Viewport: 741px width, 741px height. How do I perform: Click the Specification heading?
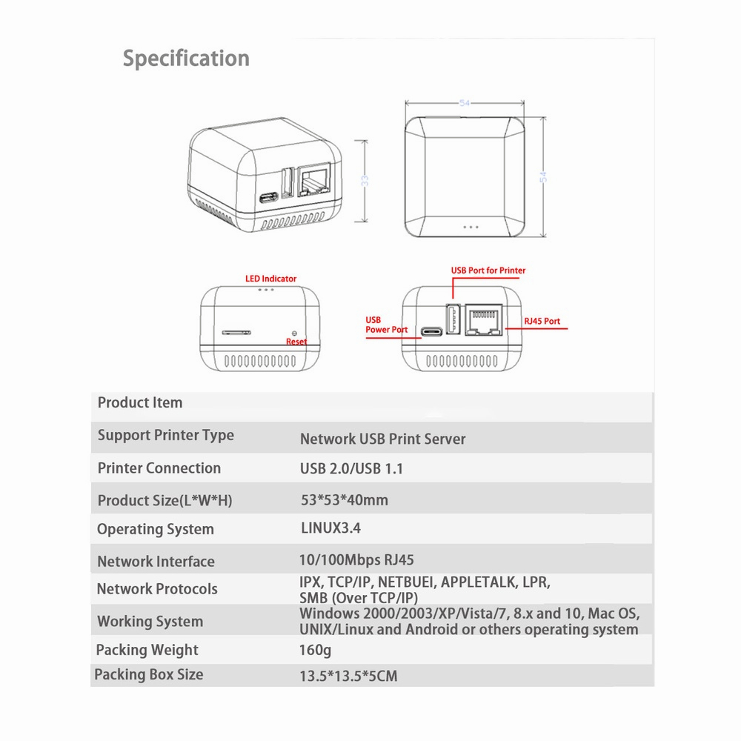click(x=186, y=59)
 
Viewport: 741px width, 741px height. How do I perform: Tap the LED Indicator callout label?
click(x=270, y=279)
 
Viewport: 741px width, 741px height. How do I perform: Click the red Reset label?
click(x=296, y=342)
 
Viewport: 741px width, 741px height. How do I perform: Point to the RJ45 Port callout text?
click(x=542, y=322)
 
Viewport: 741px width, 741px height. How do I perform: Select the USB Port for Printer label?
click(x=488, y=270)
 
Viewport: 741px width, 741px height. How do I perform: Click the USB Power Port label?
click(x=386, y=325)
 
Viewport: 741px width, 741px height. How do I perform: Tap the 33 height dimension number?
click(x=365, y=181)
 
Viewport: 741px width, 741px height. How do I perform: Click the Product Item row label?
click(x=140, y=402)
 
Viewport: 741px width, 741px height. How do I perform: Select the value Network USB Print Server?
click(x=382, y=439)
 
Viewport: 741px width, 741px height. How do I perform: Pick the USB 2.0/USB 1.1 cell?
click(x=351, y=468)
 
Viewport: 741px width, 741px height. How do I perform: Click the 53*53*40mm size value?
click(x=345, y=500)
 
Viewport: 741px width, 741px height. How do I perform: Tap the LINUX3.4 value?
click(x=330, y=528)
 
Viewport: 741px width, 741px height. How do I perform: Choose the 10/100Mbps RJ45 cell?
click(x=356, y=560)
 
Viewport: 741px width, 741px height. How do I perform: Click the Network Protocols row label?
click(x=157, y=589)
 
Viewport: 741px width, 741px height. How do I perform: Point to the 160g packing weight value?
click(x=315, y=650)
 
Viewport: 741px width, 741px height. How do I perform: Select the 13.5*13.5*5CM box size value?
click(x=348, y=676)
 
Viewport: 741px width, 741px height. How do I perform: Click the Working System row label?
click(x=150, y=621)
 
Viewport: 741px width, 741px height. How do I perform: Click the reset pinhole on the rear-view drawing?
click(x=295, y=333)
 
